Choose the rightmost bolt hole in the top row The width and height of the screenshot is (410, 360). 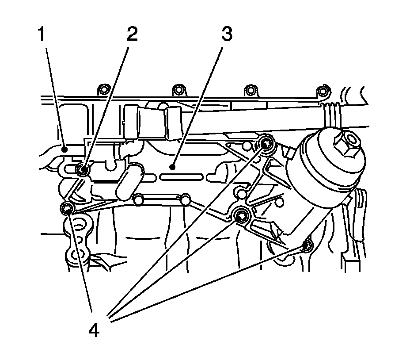pos(324,92)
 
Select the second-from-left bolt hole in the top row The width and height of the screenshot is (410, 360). pos(178,91)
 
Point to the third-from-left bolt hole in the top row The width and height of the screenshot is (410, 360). pos(250,91)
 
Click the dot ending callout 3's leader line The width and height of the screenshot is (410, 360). pos(171,167)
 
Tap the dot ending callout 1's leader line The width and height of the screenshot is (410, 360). pos(65,149)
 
